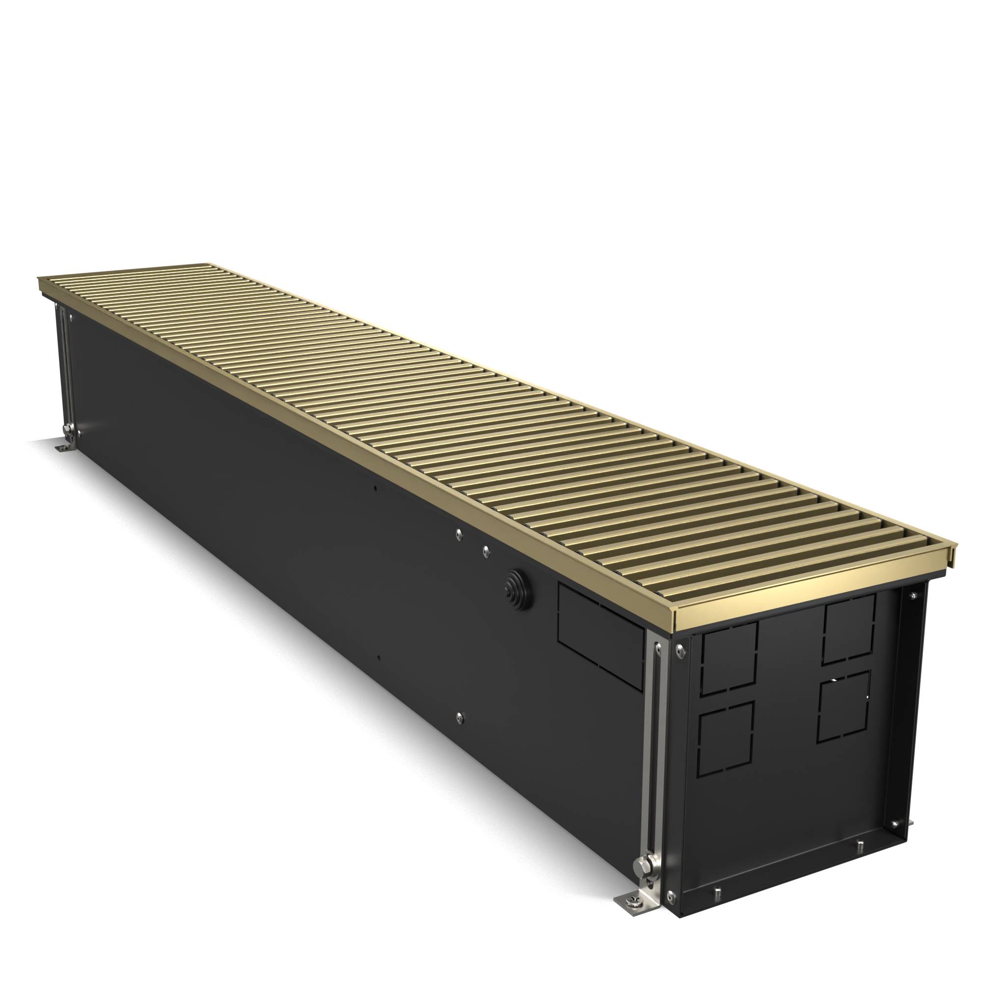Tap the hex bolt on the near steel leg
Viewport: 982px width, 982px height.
click(x=641, y=863)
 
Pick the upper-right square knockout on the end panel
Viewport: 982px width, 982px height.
click(x=849, y=629)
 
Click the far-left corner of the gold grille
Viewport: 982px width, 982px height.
click(x=41, y=279)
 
